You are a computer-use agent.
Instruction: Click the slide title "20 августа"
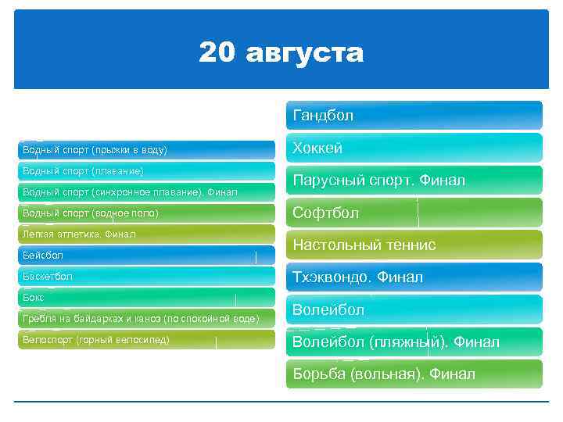pyautogui.click(x=281, y=53)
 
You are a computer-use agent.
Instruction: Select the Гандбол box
pyautogui.click(x=414, y=116)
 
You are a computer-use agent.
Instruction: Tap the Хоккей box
pyautogui.click(x=414, y=148)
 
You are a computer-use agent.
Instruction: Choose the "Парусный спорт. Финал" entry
pyautogui.click(x=414, y=181)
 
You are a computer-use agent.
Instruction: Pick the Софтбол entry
pyautogui.click(x=414, y=213)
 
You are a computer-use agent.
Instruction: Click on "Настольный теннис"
pyautogui.click(x=414, y=245)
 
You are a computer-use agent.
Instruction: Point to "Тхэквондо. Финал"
pyautogui.click(x=414, y=277)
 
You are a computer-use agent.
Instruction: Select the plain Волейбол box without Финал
pyautogui.click(x=414, y=310)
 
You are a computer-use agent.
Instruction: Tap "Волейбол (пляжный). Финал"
pyautogui.click(x=414, y=342)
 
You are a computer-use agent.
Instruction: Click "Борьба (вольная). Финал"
pyautogui.click(x=414, y=374)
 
